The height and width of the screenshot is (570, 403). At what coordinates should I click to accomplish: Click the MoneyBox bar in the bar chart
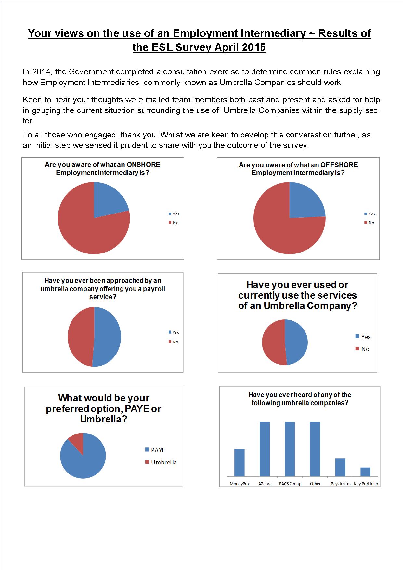pyautogui.click(x=240, y=463)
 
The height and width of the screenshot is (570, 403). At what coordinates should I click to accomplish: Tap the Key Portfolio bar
pyautogui.click(x=365, y=472)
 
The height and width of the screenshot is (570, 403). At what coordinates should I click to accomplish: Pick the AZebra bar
pyautogui.click(x=265, y=449)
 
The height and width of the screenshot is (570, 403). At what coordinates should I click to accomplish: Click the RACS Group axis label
pyautogui.click(x=290, y=484)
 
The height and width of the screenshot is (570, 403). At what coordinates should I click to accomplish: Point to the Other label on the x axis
pyautogui.click(x=315, y=484)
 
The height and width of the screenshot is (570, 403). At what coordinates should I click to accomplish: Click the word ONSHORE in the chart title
pyautogui.click(x=143, y=165)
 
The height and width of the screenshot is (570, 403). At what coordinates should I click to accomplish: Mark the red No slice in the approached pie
pyautogui.click(x=80, y=336)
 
